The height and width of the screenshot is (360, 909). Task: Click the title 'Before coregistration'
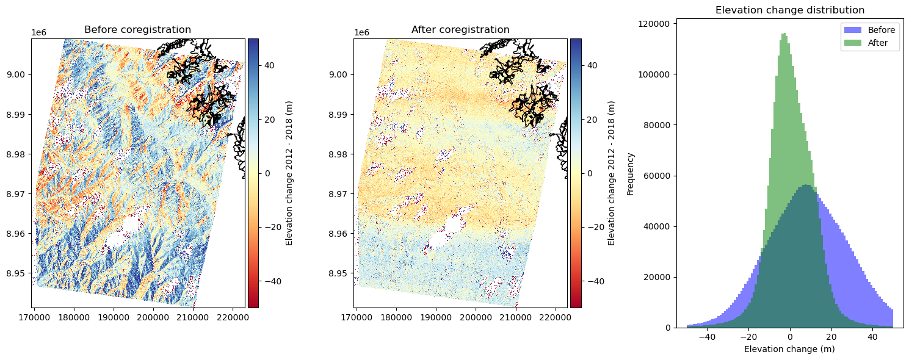137,30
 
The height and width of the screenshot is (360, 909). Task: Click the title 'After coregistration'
460,30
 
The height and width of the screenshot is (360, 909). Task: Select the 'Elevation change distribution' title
789,10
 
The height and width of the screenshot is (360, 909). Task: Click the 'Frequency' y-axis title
631,174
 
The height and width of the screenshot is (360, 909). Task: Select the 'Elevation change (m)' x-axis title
789,349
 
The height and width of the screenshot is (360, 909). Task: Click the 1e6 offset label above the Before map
38,32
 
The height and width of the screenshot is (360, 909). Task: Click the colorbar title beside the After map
611,173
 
